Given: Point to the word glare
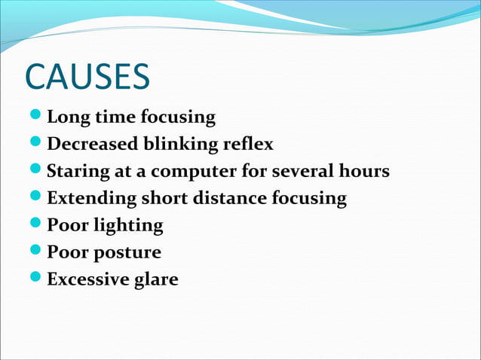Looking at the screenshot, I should (x=157, y=280).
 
